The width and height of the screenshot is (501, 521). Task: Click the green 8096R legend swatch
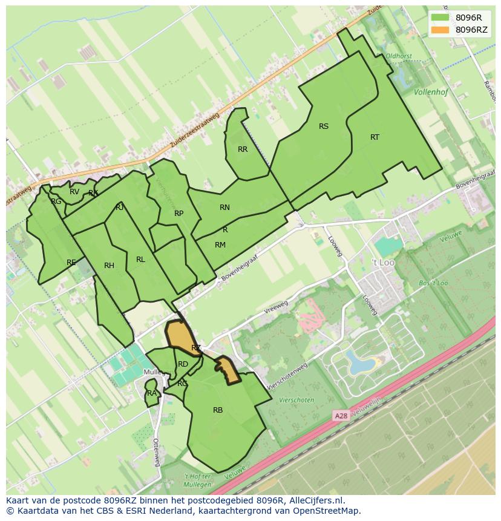click(x=440, y=17)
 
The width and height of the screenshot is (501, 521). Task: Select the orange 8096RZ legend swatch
click(x=440, y=30)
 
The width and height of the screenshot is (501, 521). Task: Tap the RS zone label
click(x=324, y=126)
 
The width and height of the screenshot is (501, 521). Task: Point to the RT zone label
click(x=375, y=137)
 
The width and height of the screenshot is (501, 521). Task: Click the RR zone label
click(x=243, y=149)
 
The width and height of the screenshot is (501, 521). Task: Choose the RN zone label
click(x=224, y=208)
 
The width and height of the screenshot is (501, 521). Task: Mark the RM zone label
click(x=220, y=245)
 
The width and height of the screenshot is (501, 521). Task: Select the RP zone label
click(x=178, y=214)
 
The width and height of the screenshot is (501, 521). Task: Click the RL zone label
click(x=140, y=260)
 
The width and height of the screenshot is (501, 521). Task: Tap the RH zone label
click(x=109, y=266)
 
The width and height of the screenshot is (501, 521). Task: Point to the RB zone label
click(x=218, y=410)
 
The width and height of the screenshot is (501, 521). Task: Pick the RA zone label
click(x=152, y=393)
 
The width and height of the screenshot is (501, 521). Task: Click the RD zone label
click(x=183, y=364)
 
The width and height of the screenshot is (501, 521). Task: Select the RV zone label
click(x=74, y=192)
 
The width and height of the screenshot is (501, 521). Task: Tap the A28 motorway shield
click(x=342, y=416)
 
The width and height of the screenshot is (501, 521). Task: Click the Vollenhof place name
click(x=431, y=93)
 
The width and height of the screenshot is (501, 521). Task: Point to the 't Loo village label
click(x=382, y=263)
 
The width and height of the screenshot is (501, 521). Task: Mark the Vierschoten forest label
click(x=296, y=400)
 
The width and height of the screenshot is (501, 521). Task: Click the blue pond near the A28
click(x=359, y=364)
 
